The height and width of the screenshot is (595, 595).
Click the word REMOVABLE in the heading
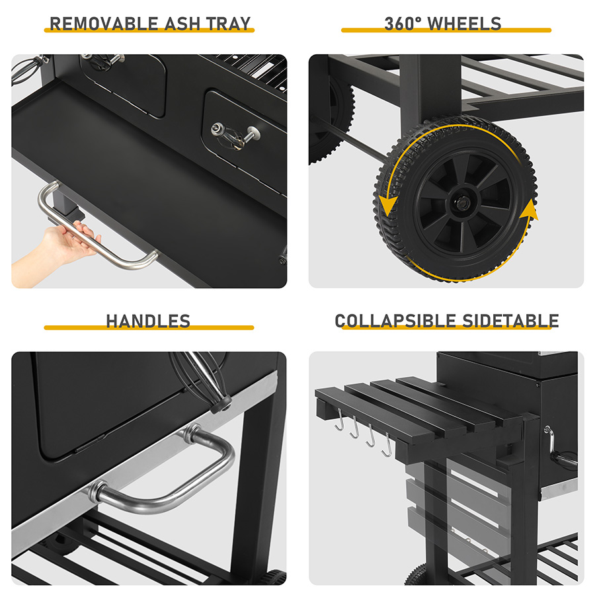[x=104, y=24]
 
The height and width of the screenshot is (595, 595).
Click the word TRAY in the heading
[x=229, y=24]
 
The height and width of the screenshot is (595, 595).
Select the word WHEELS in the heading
[x=465, y=24]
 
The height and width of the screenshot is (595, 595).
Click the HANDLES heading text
[x=148, y=321]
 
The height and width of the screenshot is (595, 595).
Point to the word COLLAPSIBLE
[x=395, y=321]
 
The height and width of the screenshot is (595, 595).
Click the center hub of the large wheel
[x=463, y=204]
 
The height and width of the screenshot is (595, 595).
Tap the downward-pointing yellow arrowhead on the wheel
[x=388, y=206]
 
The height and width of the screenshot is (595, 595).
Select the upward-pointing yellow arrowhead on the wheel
[x=529, y=210]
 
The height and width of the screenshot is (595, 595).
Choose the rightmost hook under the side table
[x=387, y=445]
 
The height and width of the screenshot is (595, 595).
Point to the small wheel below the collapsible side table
[x=417, y=575]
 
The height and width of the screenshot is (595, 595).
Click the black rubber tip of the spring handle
[x=222, y=404]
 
